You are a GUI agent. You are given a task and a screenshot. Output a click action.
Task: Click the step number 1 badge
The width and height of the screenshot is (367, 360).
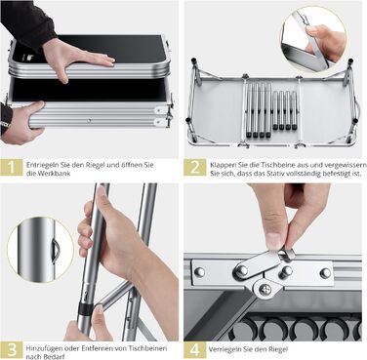[x=12, y=167]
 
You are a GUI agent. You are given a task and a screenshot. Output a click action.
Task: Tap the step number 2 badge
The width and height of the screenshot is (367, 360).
[x=195, y=167]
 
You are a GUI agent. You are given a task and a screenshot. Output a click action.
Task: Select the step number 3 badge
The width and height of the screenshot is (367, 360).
[x=12, y=350]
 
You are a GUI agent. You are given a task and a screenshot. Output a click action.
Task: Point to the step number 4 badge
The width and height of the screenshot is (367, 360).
[x=195, y=350]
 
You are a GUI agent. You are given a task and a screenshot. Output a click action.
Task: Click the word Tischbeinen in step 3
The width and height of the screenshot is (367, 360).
[x=151, y=348]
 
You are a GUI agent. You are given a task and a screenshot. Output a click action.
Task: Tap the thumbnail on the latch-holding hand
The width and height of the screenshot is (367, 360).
[x=275, y=240]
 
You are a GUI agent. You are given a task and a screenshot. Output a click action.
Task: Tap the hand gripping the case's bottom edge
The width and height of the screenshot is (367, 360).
[x=21, y=123]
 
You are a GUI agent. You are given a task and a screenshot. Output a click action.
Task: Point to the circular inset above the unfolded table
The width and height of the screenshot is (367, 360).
[x=313, y=40]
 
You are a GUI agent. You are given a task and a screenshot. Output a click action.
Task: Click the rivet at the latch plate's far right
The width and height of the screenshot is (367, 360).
[x=325, y=272]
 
